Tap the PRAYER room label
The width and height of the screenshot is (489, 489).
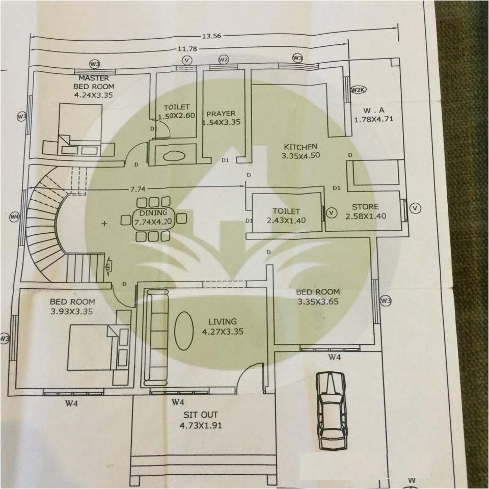221,114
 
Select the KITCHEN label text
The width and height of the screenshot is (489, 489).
301,147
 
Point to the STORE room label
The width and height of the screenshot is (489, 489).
365,207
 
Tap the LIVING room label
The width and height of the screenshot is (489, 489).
223,321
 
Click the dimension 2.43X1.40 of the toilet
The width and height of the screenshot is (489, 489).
286,221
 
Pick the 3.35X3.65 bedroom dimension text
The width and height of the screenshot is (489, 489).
318,302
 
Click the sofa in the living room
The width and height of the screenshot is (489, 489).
156,336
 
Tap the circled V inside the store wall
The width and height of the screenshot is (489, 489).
332,211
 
